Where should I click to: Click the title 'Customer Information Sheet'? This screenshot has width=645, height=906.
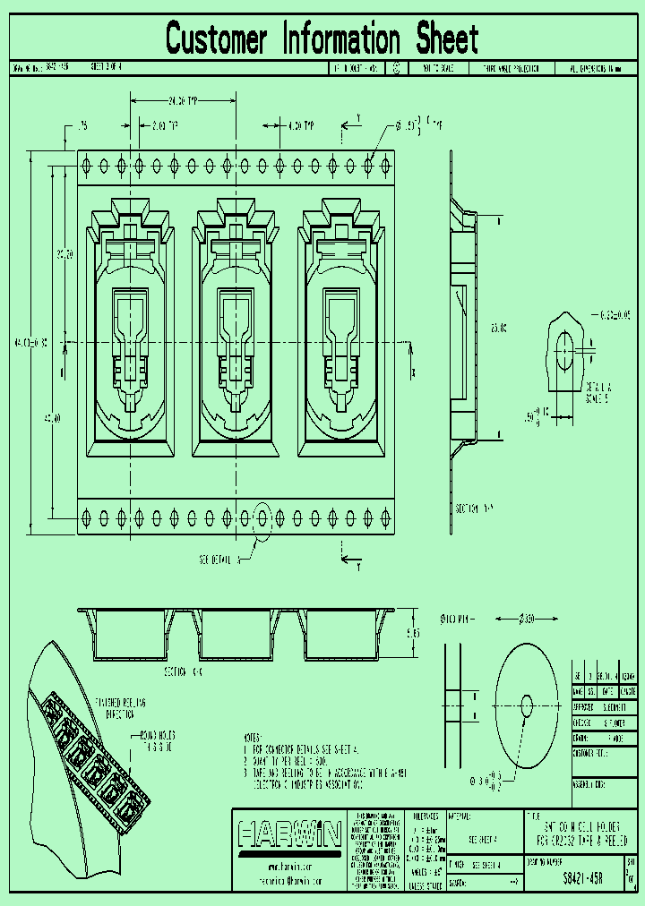click(322, 39)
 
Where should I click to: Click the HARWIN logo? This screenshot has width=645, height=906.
click(289, 835)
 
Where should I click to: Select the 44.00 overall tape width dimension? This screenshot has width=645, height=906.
click(18, 342)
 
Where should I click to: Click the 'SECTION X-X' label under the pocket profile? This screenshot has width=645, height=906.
click(183, 671)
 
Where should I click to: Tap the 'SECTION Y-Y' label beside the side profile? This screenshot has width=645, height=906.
click(474, 508)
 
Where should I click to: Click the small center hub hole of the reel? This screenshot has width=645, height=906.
click(526, 705)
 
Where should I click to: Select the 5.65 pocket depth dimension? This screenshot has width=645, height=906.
click(413, 632)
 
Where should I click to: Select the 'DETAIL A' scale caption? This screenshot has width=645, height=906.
click(598, 390)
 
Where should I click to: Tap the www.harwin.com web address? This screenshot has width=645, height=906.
click(288, 868)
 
